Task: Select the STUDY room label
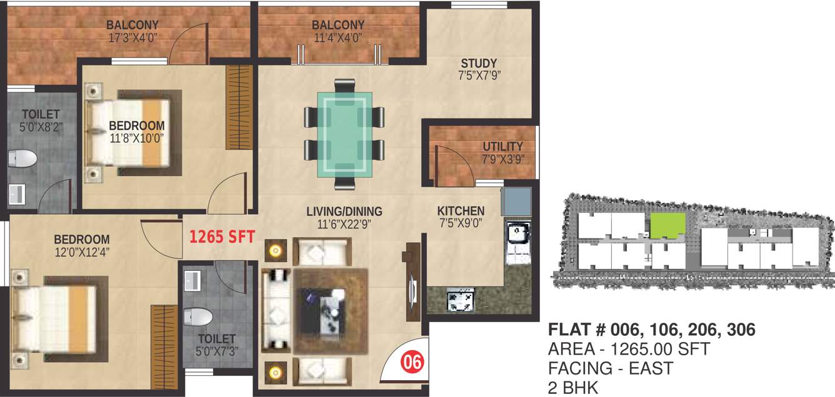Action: click(x=479, y=63)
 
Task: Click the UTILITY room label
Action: click(x=502, y=147)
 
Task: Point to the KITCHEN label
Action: click(x=460, y=211)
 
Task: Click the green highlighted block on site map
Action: click(x=668, y=225)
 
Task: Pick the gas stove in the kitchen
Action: click(x=461, y=300)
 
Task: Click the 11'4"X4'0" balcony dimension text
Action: click(x=338, y=37)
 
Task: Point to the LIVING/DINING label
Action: click(x=344, y=211)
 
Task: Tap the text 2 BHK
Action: click(x=573, y=388)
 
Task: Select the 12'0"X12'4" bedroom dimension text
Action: click(x=81, y=252)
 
